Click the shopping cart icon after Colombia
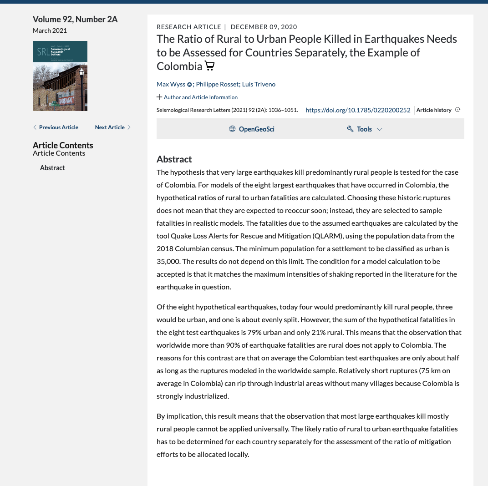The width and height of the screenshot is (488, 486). (x=209, y=66)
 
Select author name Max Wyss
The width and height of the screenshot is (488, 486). (x=171, y=84)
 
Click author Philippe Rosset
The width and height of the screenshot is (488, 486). (x=217, y=84)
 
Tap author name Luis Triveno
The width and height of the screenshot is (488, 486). (x=259, y=84)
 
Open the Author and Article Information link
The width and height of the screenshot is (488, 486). (x=200, y=97)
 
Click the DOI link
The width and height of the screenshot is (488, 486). (x=358, y=110)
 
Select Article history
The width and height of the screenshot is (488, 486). (x=434, y=110)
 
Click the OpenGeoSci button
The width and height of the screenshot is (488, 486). (x=252, y=129)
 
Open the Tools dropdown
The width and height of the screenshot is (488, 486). (x=365, y=129)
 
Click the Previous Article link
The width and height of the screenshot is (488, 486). (x=56, y=127)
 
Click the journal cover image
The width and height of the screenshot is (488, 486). (x=60, y=76)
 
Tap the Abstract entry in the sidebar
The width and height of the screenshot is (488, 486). (x=52, y=168)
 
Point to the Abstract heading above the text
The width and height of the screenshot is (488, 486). (x=174, y=159)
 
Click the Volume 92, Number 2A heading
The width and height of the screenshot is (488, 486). (x=75, y=19)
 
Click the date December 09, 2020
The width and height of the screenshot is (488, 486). (x=264, y=27)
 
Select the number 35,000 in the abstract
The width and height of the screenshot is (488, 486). (x=168, y=262)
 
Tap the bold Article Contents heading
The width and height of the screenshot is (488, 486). (x=63, y=145)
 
